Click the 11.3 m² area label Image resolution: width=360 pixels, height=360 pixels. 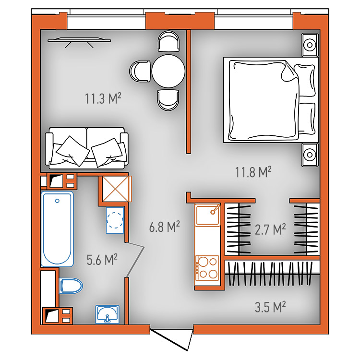(x=103, y=98)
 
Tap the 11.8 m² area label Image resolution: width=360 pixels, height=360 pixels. (x=253, y=172)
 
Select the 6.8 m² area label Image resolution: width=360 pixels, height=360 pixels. (x=164, y=227)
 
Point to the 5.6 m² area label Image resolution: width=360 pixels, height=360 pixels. (x=102, y=260)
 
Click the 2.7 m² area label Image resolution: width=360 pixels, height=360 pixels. (x=270, y=229)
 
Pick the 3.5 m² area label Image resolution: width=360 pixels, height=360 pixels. (x=270, y=307)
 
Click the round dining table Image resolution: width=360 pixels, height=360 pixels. (x=168, y=71)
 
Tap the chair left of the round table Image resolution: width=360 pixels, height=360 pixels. (x=140, y=71)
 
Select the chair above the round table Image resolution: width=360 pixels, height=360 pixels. (x=168, y=41)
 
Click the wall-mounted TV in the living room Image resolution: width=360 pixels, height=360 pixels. (x=79, y=41)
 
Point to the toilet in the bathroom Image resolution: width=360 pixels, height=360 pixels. (x=71, y=286)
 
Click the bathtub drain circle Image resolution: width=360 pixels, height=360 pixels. (x=57, y=201)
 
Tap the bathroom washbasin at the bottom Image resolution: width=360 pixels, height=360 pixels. (x=107, y=314)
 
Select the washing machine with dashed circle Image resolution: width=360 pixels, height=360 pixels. (x=115, y=220)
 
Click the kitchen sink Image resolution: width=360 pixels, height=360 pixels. (x=207, y=215)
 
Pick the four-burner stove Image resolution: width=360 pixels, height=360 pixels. (x=207, y=268)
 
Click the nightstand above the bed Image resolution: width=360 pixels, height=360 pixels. (x=310, y=45)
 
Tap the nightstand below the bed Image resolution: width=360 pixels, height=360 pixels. (x=310, y=155)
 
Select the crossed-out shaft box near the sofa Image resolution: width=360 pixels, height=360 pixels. (x=117, y=189)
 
